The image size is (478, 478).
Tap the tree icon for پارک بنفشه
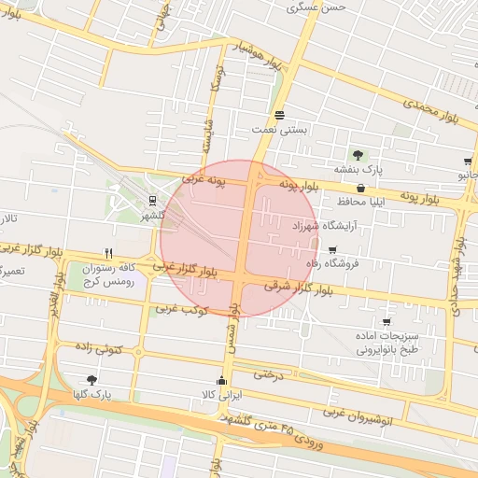coord(358,154)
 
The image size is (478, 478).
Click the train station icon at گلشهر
coord(152,201)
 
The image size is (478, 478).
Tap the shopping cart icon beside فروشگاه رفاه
coord(333,249)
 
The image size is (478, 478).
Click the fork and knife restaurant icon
coord(109,253)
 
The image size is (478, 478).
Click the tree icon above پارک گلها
coord(91,379)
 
